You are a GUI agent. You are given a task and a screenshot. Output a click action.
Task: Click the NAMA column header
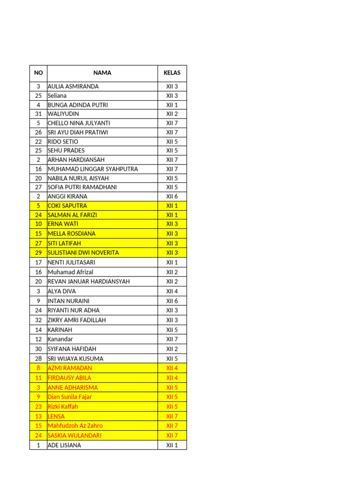coord(103,73)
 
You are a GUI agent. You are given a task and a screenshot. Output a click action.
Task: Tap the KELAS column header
coord(172,73)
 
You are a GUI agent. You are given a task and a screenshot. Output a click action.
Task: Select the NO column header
coord(38,73)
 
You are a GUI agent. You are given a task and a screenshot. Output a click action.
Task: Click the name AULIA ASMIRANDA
coord(73,86)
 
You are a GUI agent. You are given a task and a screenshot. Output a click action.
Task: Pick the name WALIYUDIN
coord(63,114)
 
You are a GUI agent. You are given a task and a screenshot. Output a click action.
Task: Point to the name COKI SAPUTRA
coord(67,206)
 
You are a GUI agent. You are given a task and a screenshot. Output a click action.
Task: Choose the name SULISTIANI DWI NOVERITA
coord(83,252)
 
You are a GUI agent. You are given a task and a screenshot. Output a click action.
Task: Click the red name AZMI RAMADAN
coord(70,368)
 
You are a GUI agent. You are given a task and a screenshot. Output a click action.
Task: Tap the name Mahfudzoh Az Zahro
coord(75,425)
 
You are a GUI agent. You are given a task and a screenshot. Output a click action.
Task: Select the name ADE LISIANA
coord(64,445)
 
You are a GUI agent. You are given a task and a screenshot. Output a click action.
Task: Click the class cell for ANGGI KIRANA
coord(172,196)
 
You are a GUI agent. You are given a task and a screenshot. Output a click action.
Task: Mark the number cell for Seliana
coord(38,95)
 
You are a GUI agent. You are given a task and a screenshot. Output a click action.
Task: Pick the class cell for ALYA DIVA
coord(172,291)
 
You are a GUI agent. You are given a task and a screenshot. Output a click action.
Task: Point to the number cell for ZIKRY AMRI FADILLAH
coord(38,320)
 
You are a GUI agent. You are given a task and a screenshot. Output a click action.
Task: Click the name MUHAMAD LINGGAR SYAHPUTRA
coord(93,169)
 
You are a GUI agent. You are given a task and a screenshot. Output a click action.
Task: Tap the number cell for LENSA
coord(38,416)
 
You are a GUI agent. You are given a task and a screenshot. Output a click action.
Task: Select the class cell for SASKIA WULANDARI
coord(172,435)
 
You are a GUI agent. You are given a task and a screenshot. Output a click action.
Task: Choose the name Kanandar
coord(60,339)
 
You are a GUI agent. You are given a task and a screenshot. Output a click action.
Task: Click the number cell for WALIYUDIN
coord(38,114)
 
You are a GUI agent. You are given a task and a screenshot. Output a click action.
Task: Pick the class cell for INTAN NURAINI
coord(172,301)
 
